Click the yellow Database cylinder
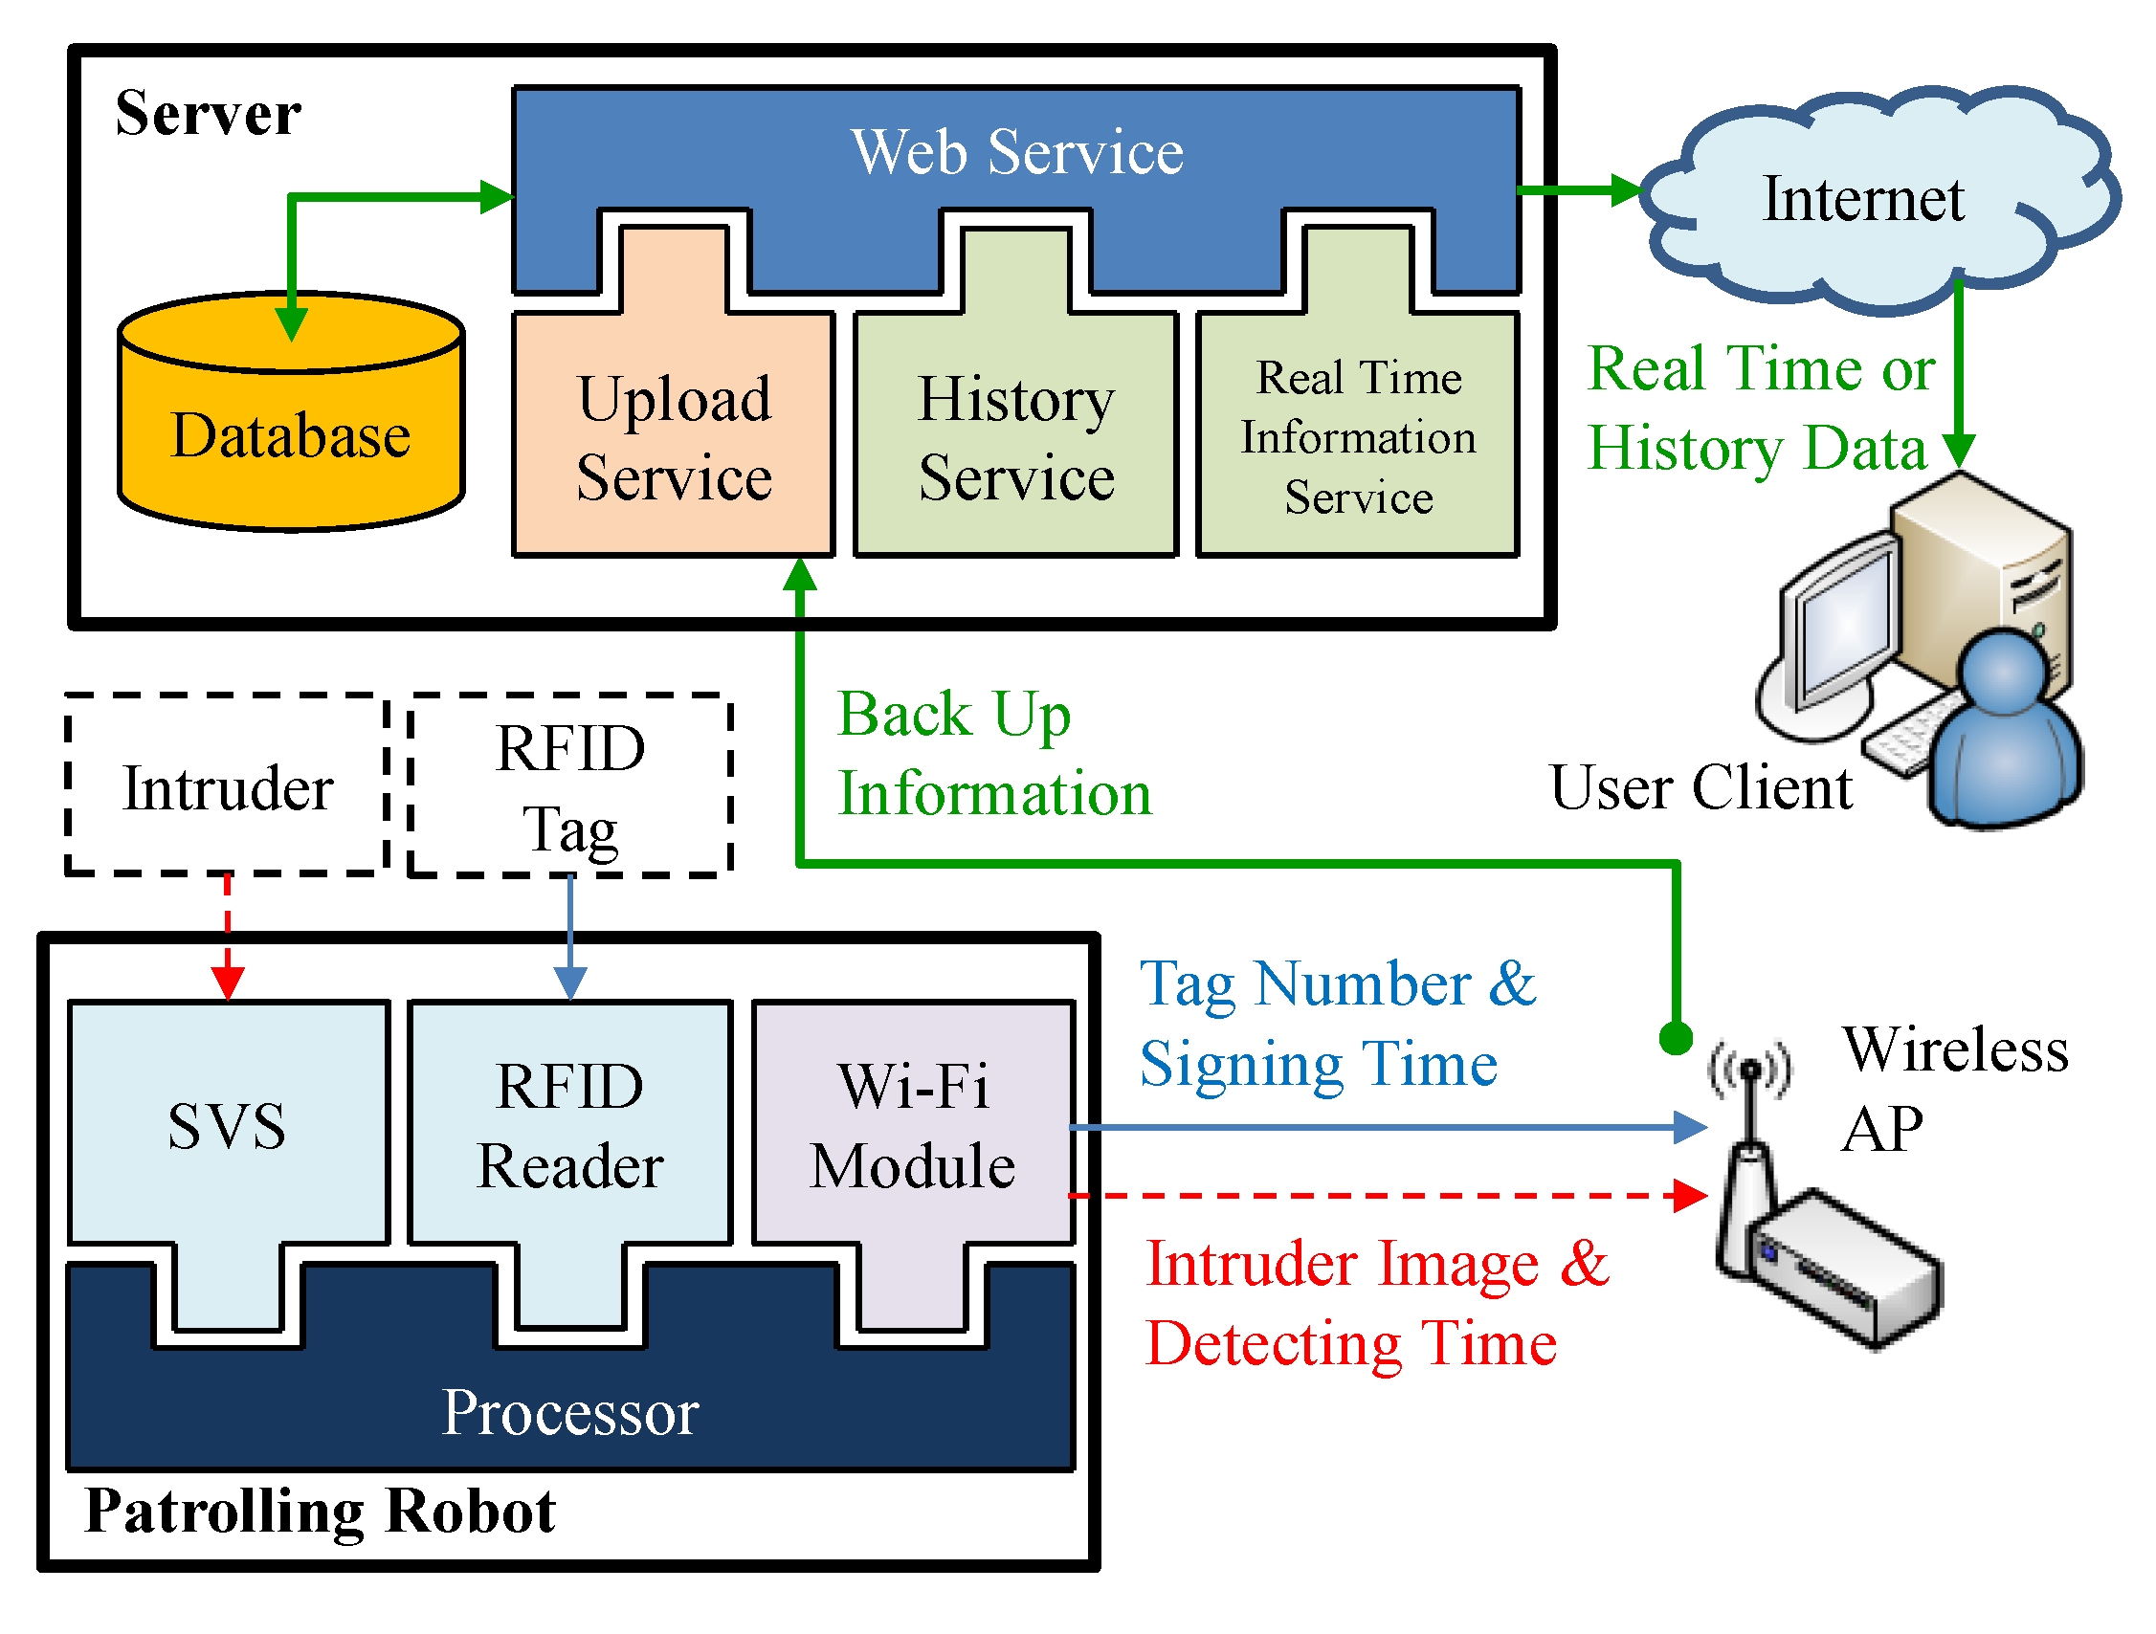291,411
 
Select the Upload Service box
674,434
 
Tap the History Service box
1016,434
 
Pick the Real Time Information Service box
1359,434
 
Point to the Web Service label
1017,152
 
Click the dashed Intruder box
228,785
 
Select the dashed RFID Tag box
570,785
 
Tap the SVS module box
228,1164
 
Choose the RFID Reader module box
570,1164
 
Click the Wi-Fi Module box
913,1164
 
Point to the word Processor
570,1412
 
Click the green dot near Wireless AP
1676,1039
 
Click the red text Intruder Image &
1377,1264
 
